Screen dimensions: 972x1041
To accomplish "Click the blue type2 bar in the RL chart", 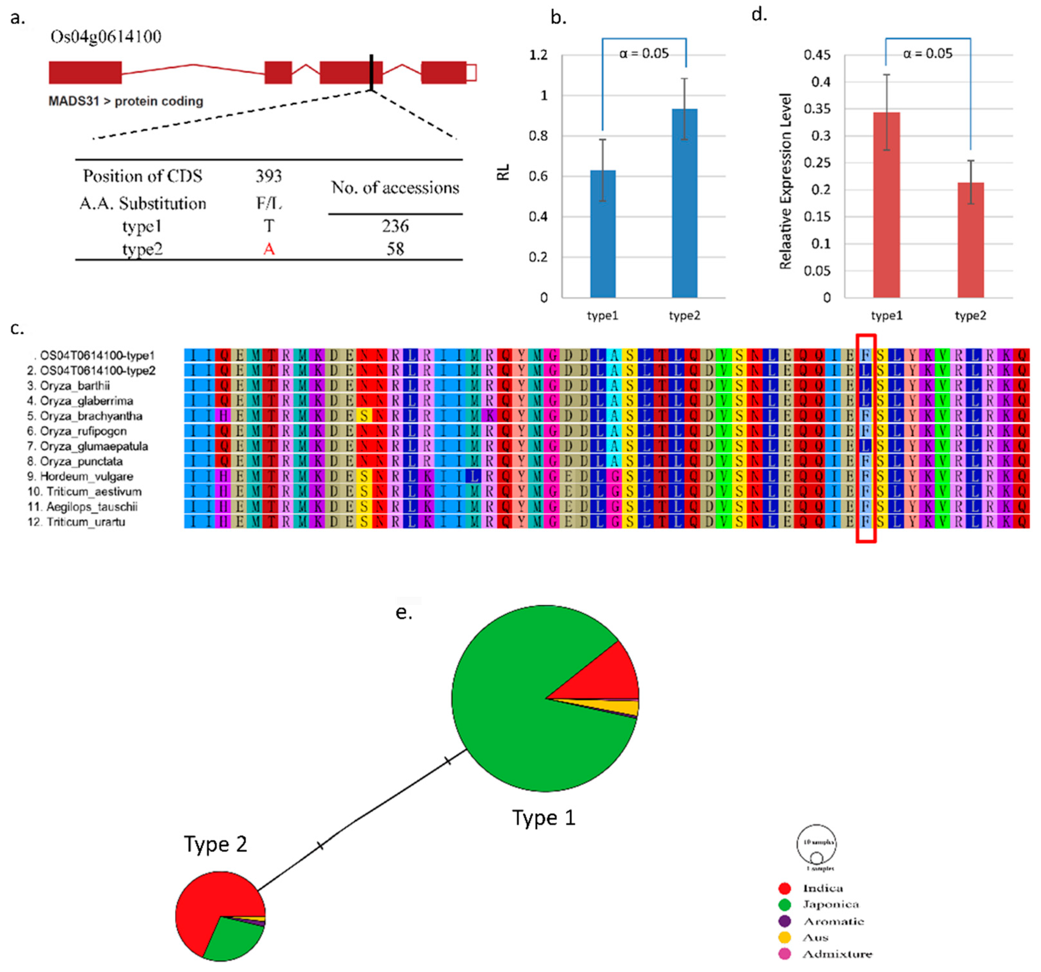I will [684, 204].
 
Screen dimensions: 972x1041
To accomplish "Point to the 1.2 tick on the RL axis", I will [538, 55].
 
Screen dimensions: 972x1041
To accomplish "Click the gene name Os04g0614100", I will [106, 37].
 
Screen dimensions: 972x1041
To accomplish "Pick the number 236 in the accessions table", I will [395, 226].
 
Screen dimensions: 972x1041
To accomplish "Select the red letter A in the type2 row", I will [268, 249].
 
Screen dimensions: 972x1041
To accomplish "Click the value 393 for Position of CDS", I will [268, 176].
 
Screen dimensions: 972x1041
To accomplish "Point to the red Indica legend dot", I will [784, 888].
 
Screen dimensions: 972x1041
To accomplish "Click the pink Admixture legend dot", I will [784, 954].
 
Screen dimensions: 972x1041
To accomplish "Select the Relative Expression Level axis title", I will [785, 181].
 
